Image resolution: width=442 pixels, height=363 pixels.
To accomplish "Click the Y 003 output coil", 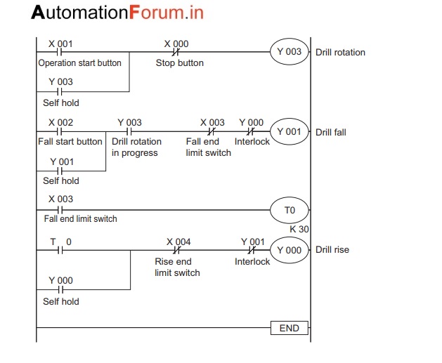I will click(x=289, y=52).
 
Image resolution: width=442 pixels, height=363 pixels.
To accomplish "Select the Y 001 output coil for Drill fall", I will click(x=289, y=131).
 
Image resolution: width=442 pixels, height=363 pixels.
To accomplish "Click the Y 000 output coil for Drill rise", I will click(x=289, y=250).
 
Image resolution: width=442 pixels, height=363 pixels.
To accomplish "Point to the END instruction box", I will click(x=289, y=328).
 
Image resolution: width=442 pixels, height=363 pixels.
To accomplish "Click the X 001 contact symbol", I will click(x=60, y=52).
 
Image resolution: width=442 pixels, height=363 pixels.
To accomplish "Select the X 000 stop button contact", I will click(x=176, y=52).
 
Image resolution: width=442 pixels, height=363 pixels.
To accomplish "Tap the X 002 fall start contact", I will click(x=60, y=131).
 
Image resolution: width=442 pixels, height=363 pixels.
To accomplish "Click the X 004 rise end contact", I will click(x=178, y=250).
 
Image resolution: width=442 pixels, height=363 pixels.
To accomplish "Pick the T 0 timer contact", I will click(x=60, y=250).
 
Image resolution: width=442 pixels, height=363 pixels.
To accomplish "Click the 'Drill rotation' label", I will click(x=340, y=52).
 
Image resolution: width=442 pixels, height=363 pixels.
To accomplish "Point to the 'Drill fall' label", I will click(x=330, y=132).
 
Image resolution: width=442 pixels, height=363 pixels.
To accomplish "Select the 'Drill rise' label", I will click(x=332, y=250).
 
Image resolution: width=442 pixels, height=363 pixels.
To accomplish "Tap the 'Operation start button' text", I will click(x=79, y=63).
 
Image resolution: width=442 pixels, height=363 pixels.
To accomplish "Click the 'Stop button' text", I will click(x=179, y=63).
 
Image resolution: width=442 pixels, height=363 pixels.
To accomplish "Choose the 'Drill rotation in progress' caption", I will click(x=136, y=147).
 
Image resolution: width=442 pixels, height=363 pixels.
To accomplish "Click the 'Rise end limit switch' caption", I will click(x=177, y=267).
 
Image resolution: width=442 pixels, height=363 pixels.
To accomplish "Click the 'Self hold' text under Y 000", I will click(x=60, y=301).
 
